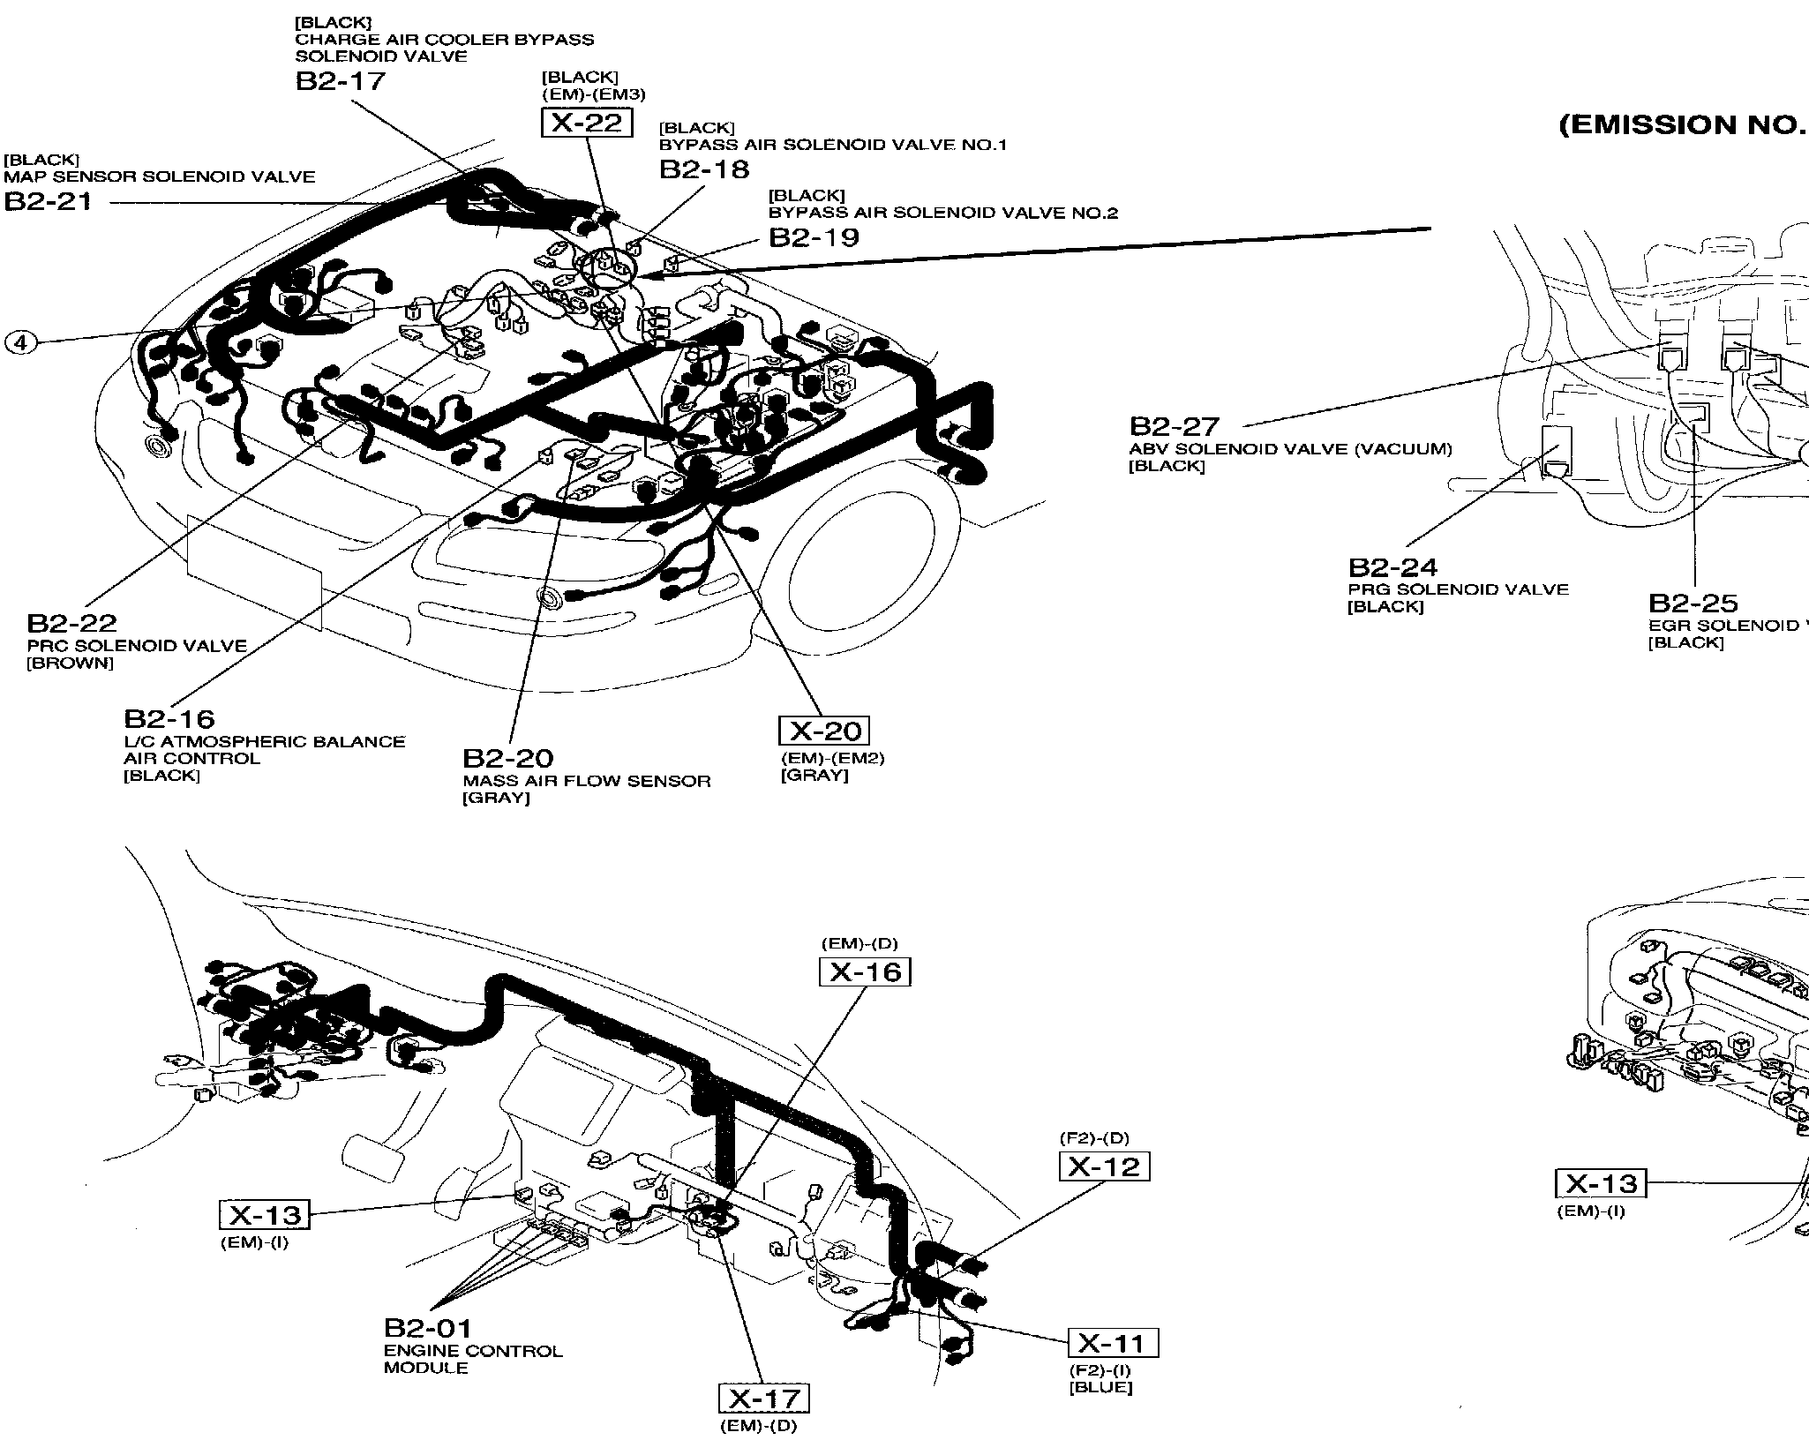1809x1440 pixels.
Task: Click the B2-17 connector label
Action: pyautogui.click(x=341, y=81)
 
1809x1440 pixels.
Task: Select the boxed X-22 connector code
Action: pyautogui.click(x=587, y=123)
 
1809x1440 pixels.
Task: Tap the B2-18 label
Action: pyautogui.click(x=704, y=169)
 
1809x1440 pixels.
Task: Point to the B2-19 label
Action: pyautogui.click(x=814, y=237)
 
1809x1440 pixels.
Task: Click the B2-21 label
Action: pyautogui.click(x=48, y=202)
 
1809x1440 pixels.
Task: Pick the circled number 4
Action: pyautogui.click(x=21, y=342)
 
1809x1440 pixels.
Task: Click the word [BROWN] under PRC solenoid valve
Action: pyautogui.click(x=71, y=664)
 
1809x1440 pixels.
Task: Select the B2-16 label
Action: pyautogui.click(x=169, y=719)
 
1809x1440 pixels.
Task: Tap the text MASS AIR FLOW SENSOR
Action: pyautogui.click(x=587, y=781)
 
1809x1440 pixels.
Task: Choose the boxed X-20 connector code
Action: pyautogui.click(x=824, y=731)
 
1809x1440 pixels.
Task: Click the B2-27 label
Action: pyautogui.click(x=1175, y=427)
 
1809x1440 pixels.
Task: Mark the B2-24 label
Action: pyautogui.click(x=1392, y=567)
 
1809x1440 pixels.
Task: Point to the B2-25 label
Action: pyautogui.click(x=1693, y=604)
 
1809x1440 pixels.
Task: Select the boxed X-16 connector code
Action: pyautogui.click(x=865, y=972)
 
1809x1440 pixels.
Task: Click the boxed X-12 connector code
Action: pyautogui.click(x=1104, y=1166)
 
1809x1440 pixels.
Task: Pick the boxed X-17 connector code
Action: pyautogui.click(x=764, y=1399)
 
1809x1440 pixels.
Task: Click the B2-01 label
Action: pyautogui.click(x=428, y=1328)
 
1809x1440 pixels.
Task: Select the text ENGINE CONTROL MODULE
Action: pyautogui.click(x=472, y=1359)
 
